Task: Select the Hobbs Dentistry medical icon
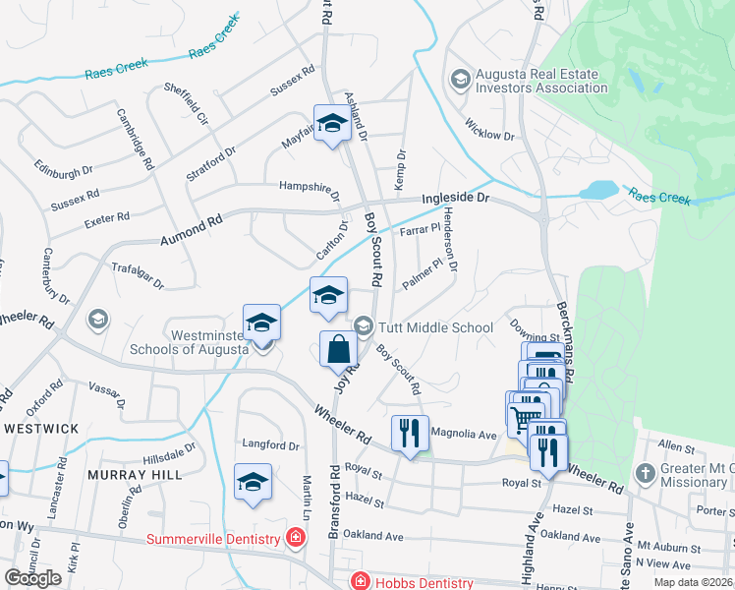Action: pyautogui.click(x=360, y=580)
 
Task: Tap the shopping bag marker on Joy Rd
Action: pyautogui.click(x=338, y=349)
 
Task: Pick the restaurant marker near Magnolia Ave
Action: pyautogui.click(x=410, y=432)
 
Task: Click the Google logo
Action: pyautogui.click(x=32, y=578)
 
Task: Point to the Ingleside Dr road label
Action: pyautogui.click(x=455, y=198)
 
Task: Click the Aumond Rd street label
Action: pyautogui.click(x=192, y=228)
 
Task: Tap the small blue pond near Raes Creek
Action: pyautogui.click(x=597, y=190)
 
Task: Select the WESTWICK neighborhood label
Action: pyautogui.click(x=40, y=429)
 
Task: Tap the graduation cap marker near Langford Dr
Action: pyautogui.click(x=254, y=483)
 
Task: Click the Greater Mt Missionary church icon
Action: pyautogui.click(x=645, y=473)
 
